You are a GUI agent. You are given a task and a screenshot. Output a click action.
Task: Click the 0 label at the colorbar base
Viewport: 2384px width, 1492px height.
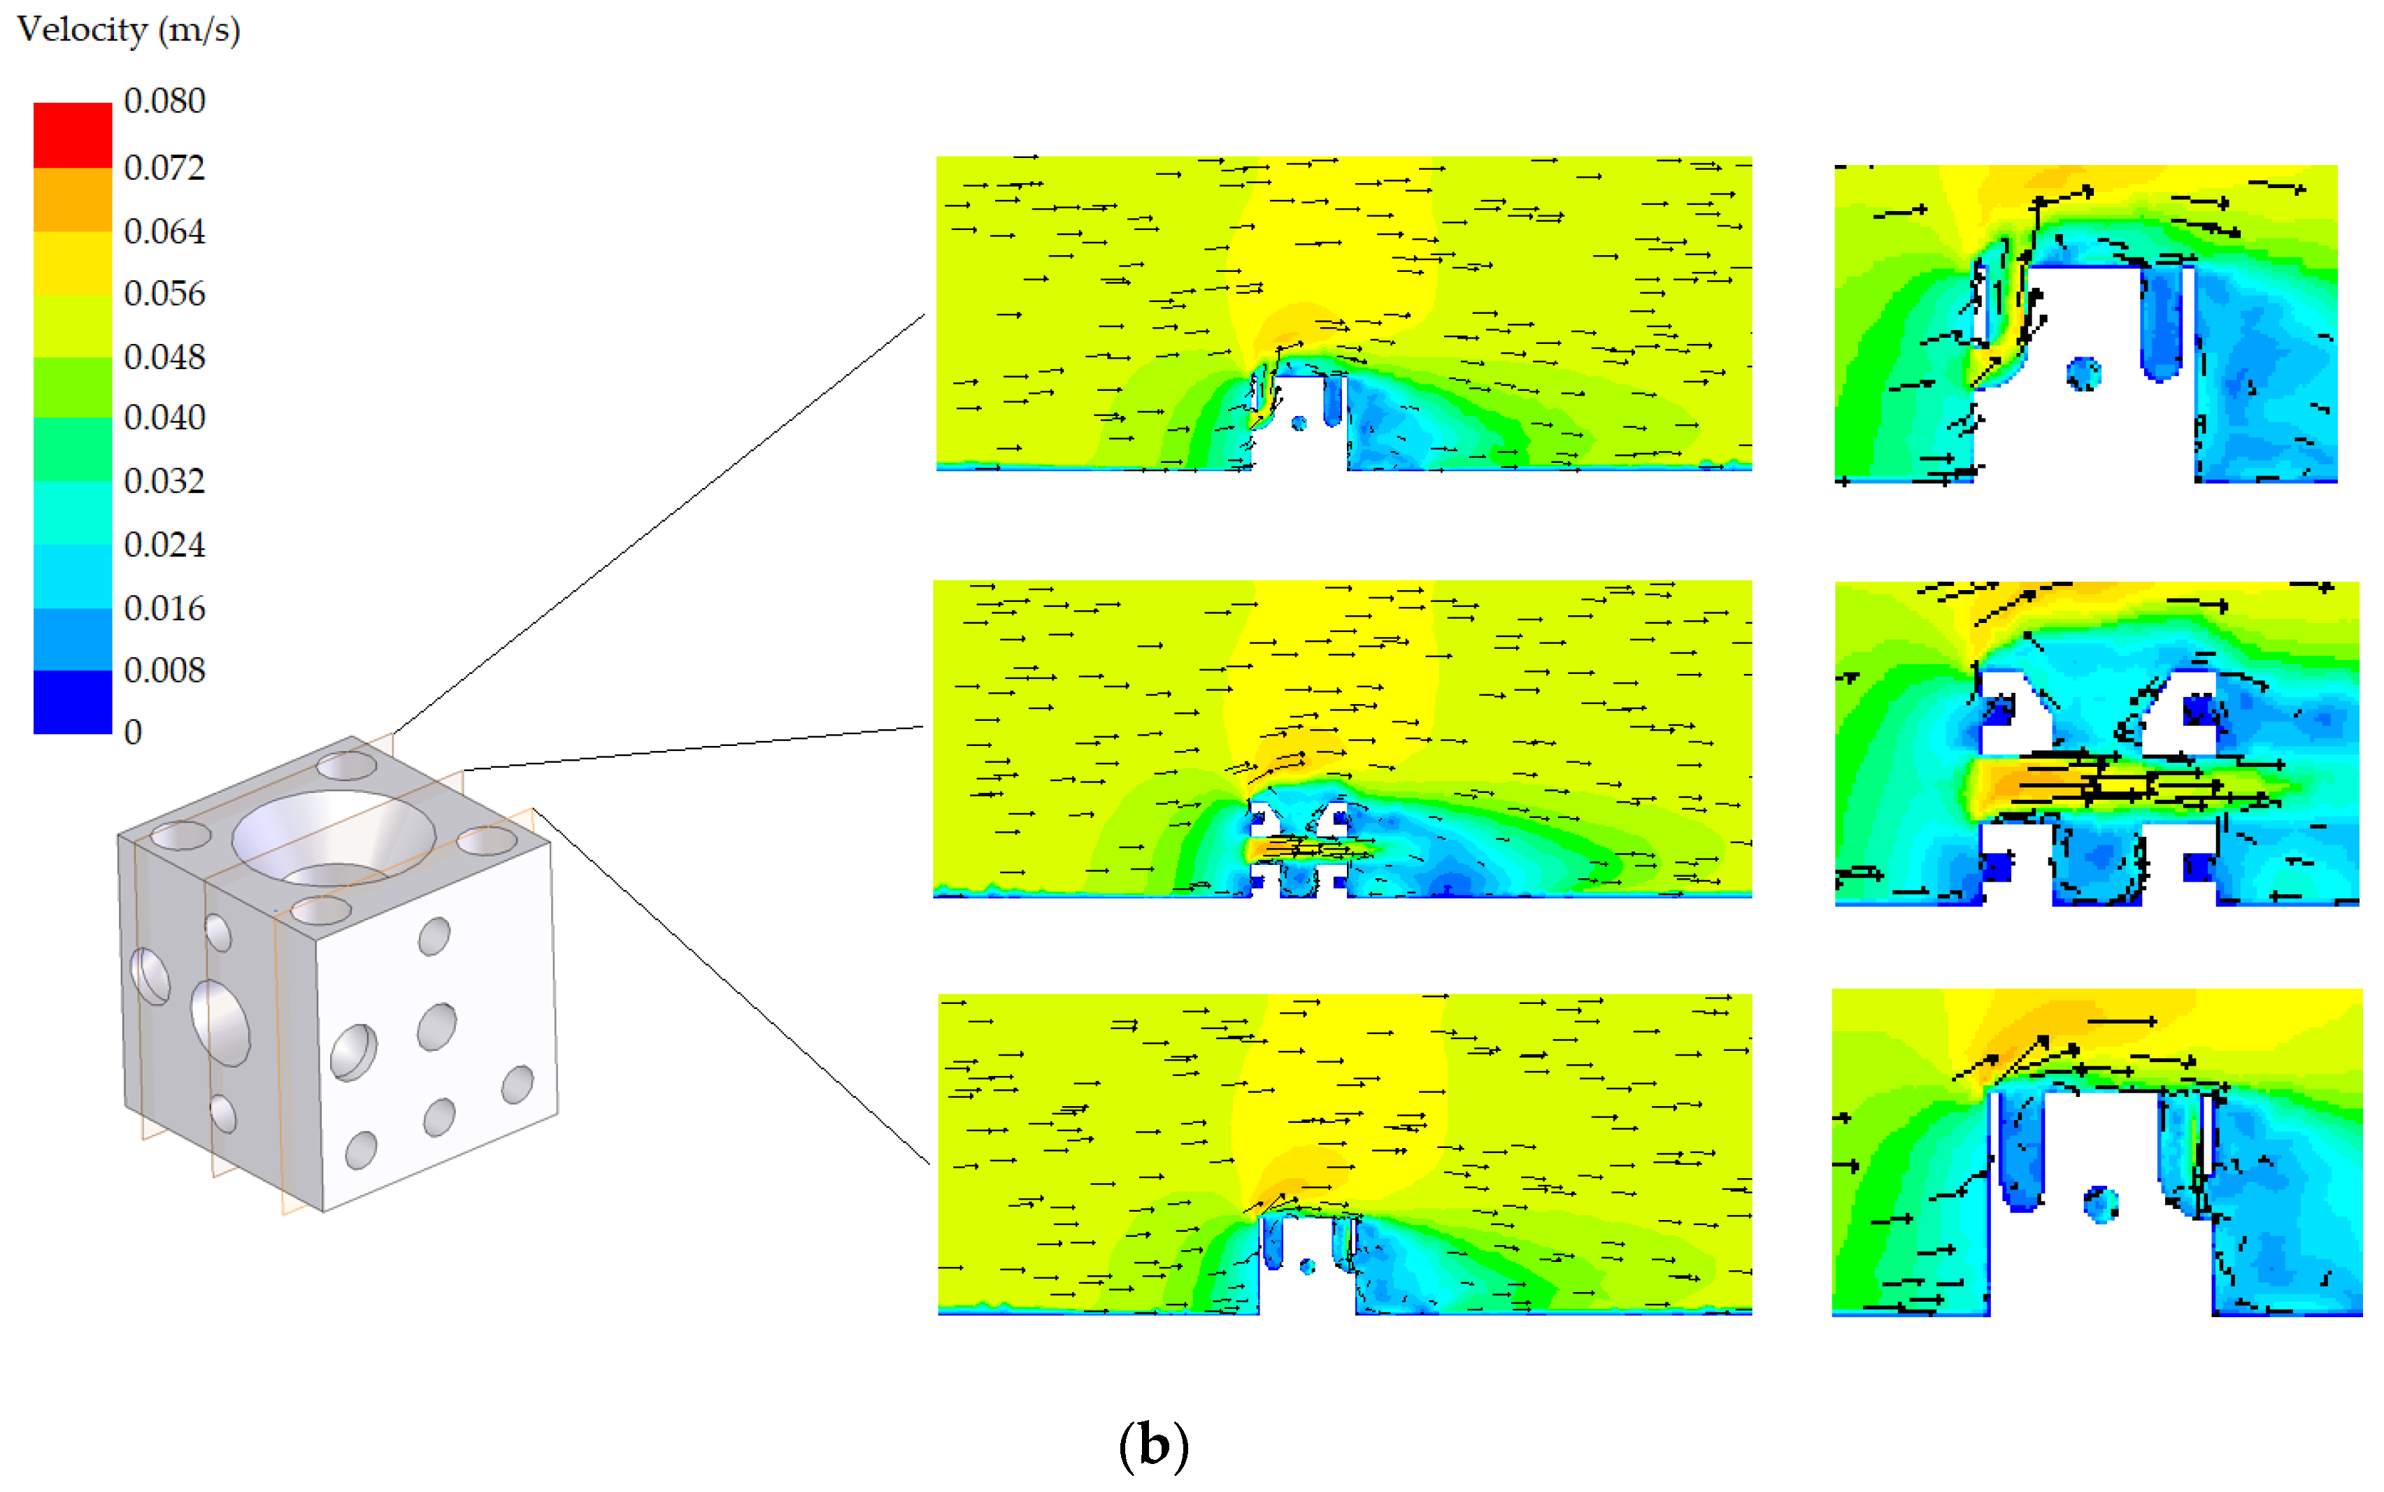pos(133,732)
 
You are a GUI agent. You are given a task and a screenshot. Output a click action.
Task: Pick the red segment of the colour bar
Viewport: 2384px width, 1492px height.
pos(72,135)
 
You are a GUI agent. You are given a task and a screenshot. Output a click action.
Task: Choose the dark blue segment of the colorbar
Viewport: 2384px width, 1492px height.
pos(72,701)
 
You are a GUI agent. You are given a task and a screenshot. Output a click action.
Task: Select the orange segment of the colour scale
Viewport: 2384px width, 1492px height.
pos(72,199)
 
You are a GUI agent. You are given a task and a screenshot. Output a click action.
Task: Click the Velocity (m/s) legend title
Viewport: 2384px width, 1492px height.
pos(128,29)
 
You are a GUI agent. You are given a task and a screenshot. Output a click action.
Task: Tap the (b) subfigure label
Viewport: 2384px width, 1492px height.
pos(1152,1446)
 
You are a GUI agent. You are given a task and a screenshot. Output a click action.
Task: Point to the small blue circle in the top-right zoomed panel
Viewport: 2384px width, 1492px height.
pos(2083,374)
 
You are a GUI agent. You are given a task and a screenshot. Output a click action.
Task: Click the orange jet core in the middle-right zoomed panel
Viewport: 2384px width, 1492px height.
pos(2013,784)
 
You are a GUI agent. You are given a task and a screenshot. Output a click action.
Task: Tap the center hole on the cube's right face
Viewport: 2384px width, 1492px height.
pos(437,1026)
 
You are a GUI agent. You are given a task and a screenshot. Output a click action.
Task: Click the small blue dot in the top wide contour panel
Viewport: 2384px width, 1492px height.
pos(1299,423)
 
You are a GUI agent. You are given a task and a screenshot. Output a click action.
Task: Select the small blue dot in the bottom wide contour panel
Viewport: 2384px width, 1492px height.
pos(1308,1266)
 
